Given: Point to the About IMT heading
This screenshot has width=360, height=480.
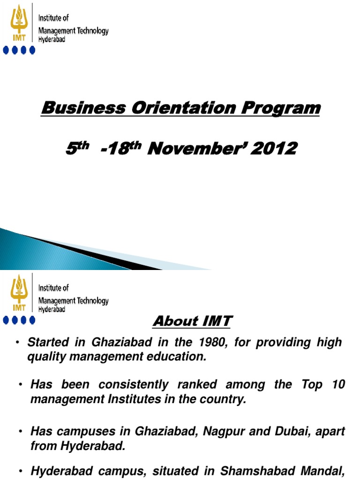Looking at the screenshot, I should [x=192, y=322].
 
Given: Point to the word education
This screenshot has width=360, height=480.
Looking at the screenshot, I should [x=177, y=357].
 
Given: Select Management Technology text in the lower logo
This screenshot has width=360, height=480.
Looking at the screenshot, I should [x=73, y=300].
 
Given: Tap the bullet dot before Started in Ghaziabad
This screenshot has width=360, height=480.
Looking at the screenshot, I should [x=17, y=343].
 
